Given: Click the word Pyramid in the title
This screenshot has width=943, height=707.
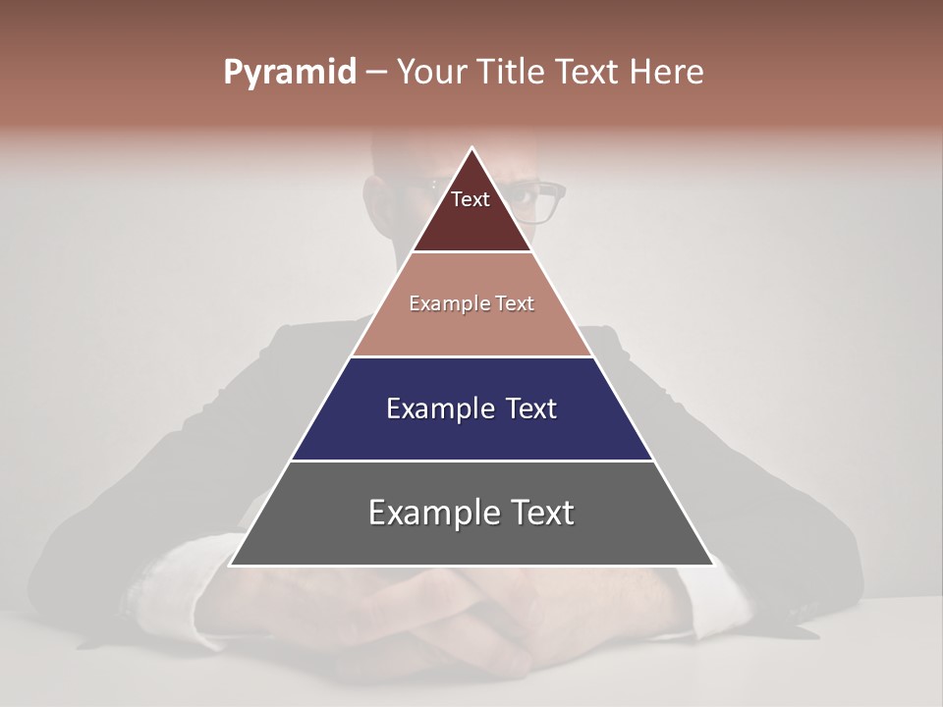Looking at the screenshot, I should pyautogui.click(x=290, y=72).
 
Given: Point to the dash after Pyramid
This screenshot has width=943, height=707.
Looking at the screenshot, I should pyautogui.click(x=376, y=73).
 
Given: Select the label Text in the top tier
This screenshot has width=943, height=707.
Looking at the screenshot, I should pyautogui.click(x=471, y=199).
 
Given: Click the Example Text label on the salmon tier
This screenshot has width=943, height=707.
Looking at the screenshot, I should pyautogui.click(x=471, y=303).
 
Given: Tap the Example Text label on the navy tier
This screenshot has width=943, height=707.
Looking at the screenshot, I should pyautogui.click(x=471, y=408).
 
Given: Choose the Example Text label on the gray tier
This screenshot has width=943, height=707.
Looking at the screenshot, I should pyautogui.click(x=471, y=513).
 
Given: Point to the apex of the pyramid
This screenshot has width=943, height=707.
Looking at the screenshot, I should pyautogui.click(x=472, y=148).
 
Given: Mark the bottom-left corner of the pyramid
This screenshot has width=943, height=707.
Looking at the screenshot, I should pyautogui.click(x=230, y=565).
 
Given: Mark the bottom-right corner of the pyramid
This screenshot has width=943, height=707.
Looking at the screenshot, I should pyautogui.click(x=714, y=565).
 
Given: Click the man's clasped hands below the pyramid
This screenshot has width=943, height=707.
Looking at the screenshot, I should pyautogui.click(x=471, y=628).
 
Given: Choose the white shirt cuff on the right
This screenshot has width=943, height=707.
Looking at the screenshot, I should pyautogui.click(x=712, y=589).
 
